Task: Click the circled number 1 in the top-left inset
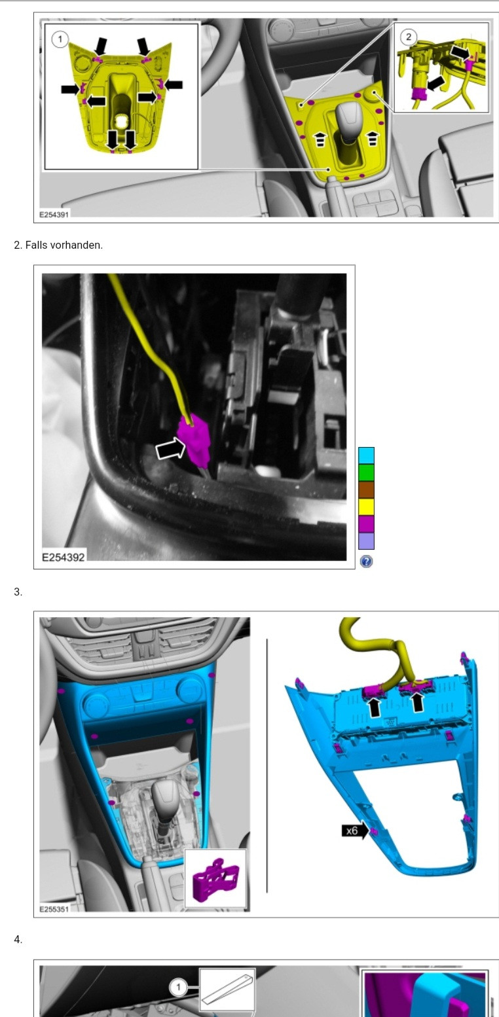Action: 60,39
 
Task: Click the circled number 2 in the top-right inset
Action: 408,37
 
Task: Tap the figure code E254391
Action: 54,214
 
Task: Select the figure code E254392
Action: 63,557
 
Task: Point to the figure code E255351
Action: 54,909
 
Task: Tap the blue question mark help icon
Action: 366,562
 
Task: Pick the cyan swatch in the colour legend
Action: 366,455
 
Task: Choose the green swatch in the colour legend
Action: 366,473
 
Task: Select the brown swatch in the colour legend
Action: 366,490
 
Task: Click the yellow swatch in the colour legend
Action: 366,507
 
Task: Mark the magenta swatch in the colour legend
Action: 366,524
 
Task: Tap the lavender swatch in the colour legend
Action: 366,541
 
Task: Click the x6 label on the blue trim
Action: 352,831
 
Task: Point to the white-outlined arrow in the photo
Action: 171,449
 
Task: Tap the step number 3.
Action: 17,592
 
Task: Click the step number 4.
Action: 17,940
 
